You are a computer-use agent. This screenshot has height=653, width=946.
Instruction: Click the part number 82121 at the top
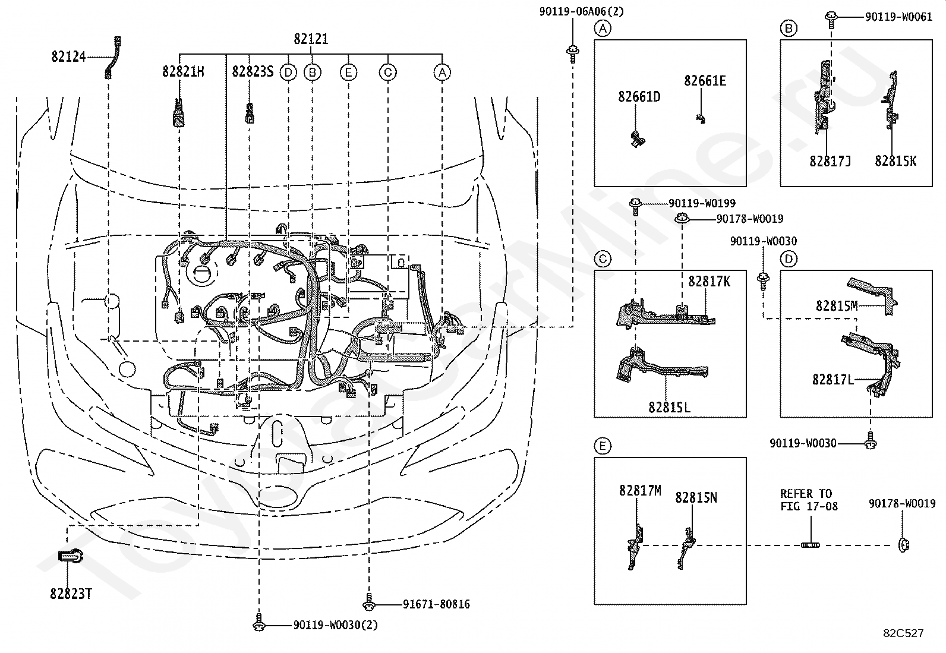pyautogui.click(x=311, y=39)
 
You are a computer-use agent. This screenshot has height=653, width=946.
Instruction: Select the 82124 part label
pyautogui.click(x=68, y=56)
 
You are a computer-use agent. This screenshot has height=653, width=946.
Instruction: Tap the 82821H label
pyautogui.click(x=183, y=72)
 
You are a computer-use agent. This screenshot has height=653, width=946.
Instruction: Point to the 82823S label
pyautogui.click(x=253, y=72)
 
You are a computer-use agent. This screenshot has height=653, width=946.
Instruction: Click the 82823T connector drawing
pyautogui.click(x=71, y=556)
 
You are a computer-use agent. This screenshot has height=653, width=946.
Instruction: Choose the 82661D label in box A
pyautogui.click(x=639, y=97)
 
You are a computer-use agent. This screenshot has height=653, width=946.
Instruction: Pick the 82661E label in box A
pyautogui.click(x=705, y=81)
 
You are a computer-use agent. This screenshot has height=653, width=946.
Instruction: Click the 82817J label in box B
pyautogui.click(x=830, y=162)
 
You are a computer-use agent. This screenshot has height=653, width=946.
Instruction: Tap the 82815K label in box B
pyautogui.click(x=895, y=162)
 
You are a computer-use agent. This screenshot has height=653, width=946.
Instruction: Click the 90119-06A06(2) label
pyautogui.click(x=581, y=12)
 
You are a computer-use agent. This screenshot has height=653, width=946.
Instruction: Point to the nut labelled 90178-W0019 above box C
pyautogui.click(x=682, y=219)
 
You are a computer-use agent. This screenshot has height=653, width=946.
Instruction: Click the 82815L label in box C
pyautogui.click(x=669, y=408)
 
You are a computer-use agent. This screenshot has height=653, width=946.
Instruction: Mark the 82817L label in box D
pyautogui.click(x=833, y=380)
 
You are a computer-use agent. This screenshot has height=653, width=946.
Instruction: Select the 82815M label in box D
pyautogui.click(x=837, y=306)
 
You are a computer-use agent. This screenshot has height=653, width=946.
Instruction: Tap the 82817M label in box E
pyautogui.click(x=640, y=491)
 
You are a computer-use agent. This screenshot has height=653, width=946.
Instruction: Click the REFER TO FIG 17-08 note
pyautogui.click(x=809, y=500)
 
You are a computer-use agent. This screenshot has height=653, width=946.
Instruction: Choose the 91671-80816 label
pyautogui.click(x=436, y=604)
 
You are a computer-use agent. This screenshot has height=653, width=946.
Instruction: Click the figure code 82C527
pyautogui.click(x=903, y=633)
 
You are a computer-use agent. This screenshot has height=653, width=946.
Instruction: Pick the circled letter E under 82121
pyautogui.click(x=348, y=72)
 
